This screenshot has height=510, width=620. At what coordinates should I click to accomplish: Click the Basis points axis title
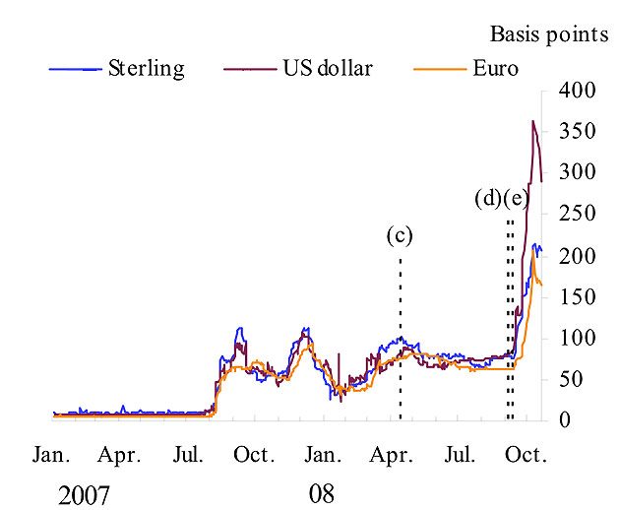click(549, 34)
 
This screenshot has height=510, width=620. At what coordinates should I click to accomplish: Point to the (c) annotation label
click(399, 235)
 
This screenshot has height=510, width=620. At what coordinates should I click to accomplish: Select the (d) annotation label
click(488, 200)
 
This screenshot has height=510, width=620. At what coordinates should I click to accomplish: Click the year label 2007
click(84, 493)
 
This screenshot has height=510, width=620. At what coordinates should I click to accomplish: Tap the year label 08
click(322, 493)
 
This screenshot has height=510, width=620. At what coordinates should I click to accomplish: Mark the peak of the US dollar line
click(532, 121)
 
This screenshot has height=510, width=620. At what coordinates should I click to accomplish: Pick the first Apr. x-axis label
click(121, 456)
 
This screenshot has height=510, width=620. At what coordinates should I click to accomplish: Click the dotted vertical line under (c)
click(400, 335)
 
